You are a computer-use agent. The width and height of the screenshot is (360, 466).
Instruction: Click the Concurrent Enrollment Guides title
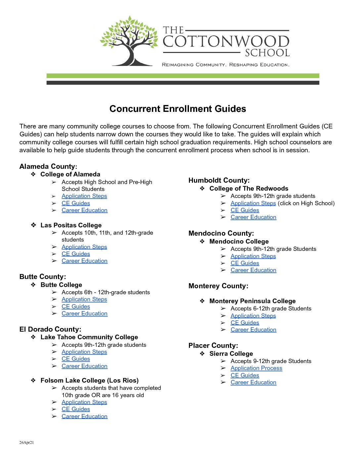point(178,109)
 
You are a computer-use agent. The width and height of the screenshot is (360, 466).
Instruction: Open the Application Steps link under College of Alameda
point(84,196)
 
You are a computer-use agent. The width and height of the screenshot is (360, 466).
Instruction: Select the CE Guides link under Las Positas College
point(76,254)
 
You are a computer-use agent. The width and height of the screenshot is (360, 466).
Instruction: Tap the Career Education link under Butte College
point(84,313)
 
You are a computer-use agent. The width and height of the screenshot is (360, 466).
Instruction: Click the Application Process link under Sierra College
point(256,368)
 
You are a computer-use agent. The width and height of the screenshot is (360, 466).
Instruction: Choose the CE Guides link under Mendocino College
point(245,263)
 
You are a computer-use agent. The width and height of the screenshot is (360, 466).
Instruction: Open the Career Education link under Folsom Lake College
point(84,416)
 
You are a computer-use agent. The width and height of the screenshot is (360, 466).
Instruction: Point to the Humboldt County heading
point(219,180)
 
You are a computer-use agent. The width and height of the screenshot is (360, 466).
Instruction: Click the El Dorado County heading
point(50,329)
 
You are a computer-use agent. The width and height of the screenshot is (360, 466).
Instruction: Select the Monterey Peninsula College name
point(252,301)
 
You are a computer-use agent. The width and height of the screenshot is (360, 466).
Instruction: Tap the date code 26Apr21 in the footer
point(26,443)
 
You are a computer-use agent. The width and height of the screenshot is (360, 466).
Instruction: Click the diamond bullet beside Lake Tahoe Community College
point(33,337)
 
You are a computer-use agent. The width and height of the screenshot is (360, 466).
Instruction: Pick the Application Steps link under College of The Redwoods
point(253,203)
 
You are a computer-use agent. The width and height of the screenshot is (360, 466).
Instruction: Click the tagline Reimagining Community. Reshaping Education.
point(226,65)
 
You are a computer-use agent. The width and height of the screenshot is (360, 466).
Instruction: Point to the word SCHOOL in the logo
point(267,53)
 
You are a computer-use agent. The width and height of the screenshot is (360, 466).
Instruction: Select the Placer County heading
point(213,346)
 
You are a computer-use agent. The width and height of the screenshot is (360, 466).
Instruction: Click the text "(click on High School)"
point(306,203)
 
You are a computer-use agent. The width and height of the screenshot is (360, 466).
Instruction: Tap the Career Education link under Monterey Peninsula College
point(253,330)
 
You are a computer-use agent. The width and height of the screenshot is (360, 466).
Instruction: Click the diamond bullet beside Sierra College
point(202,353)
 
